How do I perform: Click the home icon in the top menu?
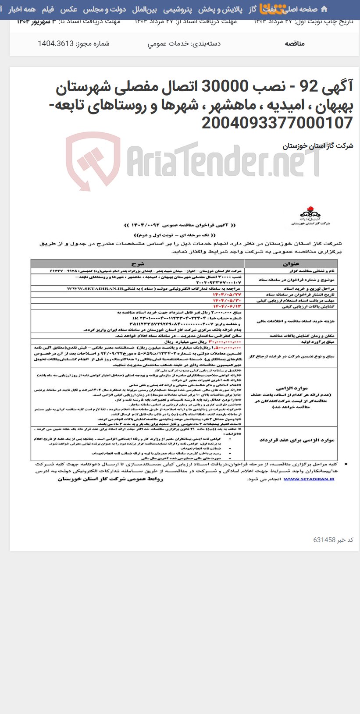pyautogui.click(x=324, y=9)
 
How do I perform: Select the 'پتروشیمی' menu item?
pyautogui.click(x=178, y=9)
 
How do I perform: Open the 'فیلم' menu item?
pyautogui.click(x=47, y=9)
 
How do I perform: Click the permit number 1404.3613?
pyautogui.click(x=56, y=43)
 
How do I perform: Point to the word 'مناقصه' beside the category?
pyautogui.click(x=295, y=43)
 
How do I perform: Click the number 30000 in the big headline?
pyautogui.click(x=225, y=87)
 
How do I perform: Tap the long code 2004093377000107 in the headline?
pyautogui.click(x=277, y=123)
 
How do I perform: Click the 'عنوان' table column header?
pyautogui.click(x=291, y=264)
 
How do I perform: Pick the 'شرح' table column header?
pyautogui.click(x=137, y=264)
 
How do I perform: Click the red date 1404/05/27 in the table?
pyautogui.click(x=227, y=295)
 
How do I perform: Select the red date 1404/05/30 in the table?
pyautogui.click(x=227, y=300)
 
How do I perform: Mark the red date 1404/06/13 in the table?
pyautogui.click(x=227, y=306)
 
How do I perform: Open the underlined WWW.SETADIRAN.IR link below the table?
pyautogui.click(x=309, y=479)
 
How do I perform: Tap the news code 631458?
pyautogui.click(x=324, y=540)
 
